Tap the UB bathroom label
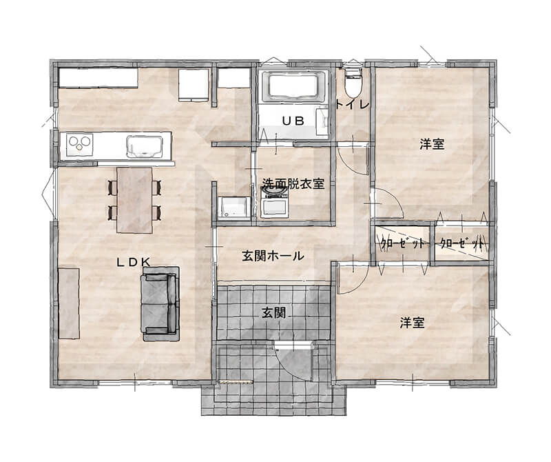[293, 121]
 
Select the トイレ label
[353, 105]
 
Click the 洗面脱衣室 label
[293, 183]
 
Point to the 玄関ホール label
[273, 256]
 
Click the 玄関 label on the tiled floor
[273, 312]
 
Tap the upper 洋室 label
[432, 144]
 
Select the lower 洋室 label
[412, 323]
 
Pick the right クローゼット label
[461, 243]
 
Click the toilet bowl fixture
[353, 82]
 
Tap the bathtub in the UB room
[293, 87]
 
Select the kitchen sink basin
[145, 146]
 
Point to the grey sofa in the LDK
[161, 303]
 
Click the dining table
[134, 200]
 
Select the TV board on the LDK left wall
[69, 303]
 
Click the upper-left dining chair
[113, 187]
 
